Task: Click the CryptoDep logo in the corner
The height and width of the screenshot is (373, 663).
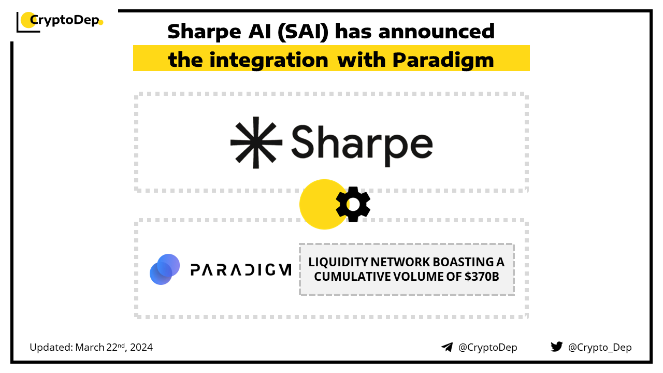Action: coord(60,22)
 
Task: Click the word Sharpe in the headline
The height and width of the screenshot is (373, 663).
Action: coord(204,32)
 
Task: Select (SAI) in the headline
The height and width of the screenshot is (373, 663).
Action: coord(303,32)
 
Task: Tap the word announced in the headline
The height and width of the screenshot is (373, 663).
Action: coord(437,31)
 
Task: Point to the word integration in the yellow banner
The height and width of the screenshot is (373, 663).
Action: coord(269,60)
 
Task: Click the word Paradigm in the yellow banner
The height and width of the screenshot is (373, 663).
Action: coord(443,60)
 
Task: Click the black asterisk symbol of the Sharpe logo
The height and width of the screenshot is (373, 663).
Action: coord(256,142)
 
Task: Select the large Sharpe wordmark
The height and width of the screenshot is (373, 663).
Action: coord(362,145)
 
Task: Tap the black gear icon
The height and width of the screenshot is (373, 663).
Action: coord(353,204)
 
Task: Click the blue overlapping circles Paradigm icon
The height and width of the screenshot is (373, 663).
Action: coord(165,269)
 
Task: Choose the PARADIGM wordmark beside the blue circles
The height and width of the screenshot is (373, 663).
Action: coord(241,270)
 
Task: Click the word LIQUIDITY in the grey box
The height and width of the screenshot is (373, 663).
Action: coord(338,262)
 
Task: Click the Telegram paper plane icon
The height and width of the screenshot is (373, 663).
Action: coord(447,347)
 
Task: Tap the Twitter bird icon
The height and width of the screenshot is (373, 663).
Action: coord(556,347)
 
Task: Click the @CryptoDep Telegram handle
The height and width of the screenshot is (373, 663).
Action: coord(487,347)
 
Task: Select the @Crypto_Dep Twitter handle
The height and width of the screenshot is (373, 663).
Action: coord(600,347)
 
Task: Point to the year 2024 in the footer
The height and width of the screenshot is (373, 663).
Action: coord(141,347)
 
